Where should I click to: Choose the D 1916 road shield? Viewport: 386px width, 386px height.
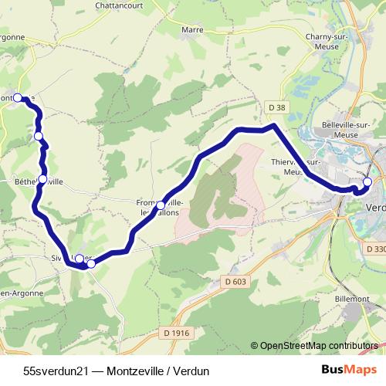pos(176,333)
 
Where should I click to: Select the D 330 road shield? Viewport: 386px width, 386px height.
pos(376,249)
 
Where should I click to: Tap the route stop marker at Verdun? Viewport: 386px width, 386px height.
pos(367,182)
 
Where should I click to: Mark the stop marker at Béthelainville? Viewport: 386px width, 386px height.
pos(42,179)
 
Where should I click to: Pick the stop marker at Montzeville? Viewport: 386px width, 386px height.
pos(18,98)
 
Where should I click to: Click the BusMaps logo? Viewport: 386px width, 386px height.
pos(347,370)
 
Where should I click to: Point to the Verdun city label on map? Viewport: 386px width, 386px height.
pos(376,208)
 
